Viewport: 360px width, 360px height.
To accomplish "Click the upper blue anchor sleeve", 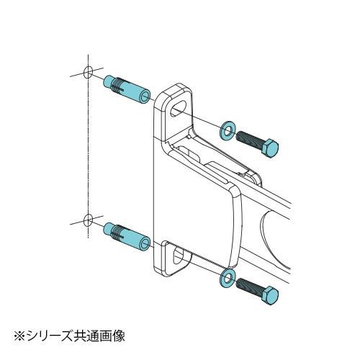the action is (x=127, y=89).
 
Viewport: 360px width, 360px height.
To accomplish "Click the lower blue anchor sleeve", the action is (x=127, y=235).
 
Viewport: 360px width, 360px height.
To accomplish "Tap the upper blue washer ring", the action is (x=228, y=130).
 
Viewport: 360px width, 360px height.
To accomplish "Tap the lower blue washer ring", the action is (x=228, y=278).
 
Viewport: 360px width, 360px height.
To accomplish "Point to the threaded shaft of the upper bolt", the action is (x=248, y=140).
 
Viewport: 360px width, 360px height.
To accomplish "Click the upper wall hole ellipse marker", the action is (x=88, y=72).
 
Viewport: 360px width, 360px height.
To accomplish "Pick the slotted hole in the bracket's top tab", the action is (x=179, y=108).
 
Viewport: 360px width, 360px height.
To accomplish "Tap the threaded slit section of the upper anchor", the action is (x=118, y=85).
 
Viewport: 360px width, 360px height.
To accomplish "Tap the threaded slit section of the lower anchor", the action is (x=118, y=233).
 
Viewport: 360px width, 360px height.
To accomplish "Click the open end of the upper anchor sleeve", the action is (x=145, y=96).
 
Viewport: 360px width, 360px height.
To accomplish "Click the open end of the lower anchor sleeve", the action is (x=145, y=243).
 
